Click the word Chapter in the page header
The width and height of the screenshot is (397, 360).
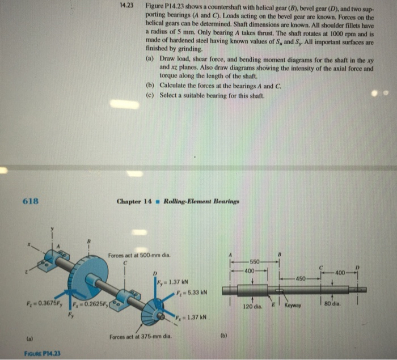click(129, 201)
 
